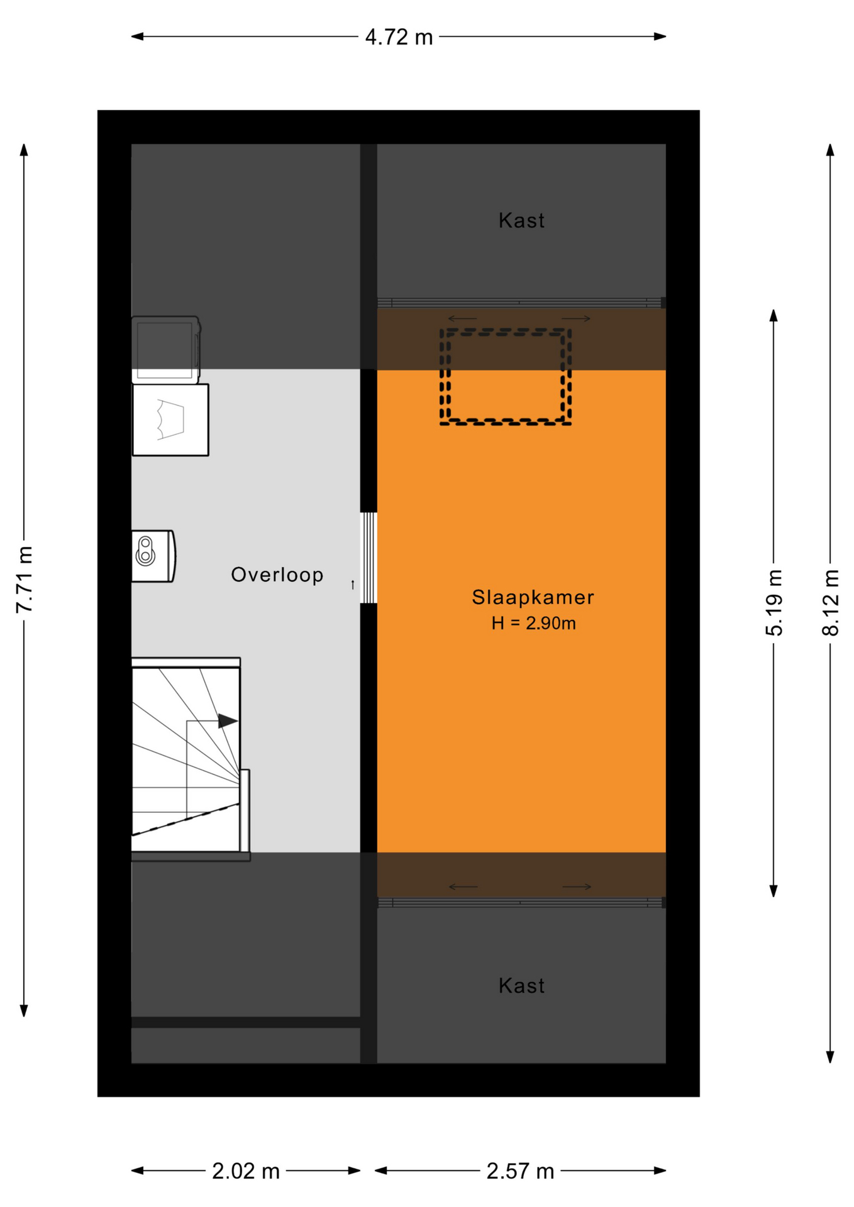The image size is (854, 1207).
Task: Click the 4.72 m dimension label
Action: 399,38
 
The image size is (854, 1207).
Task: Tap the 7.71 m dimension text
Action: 25,580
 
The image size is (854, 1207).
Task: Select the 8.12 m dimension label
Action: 831,602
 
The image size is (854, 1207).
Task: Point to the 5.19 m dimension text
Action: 774,602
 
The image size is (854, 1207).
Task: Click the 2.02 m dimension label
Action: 246,1171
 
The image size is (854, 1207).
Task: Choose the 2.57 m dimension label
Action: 520,1171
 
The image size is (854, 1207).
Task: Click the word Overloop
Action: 277,575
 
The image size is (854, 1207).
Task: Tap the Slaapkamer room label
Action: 533,597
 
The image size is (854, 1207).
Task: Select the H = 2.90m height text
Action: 533,623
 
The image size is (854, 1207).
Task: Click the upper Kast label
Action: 521,221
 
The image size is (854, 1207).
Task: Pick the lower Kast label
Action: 521,986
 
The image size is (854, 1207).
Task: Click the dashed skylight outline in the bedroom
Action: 506,331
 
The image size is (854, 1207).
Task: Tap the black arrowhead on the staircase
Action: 228,721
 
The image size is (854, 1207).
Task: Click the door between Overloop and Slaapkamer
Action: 369,558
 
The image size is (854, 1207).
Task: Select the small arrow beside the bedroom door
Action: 353,585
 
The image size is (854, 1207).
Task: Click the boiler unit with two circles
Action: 153,556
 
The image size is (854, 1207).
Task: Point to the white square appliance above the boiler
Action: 170,419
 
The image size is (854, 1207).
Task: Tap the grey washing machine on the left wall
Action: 166,349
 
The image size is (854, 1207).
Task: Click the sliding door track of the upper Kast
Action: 521,303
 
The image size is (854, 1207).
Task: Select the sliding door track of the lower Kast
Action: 521,903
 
